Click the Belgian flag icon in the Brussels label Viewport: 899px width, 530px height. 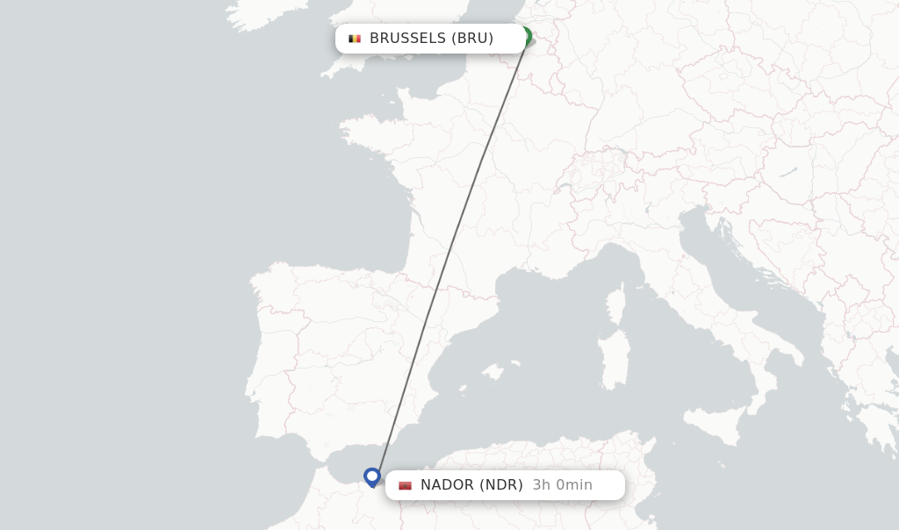[355, 39]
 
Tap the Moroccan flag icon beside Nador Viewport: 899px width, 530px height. [405, 485]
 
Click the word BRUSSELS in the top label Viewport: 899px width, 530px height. [407, 39]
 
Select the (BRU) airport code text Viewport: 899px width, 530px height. [472, 39]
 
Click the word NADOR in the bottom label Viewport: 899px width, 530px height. [447, 485]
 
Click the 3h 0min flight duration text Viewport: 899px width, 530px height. [562, 485]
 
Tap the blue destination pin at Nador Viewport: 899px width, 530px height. [372, 476]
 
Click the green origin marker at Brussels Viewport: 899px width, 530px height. [526, 36]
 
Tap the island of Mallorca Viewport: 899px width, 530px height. [493, 372]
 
